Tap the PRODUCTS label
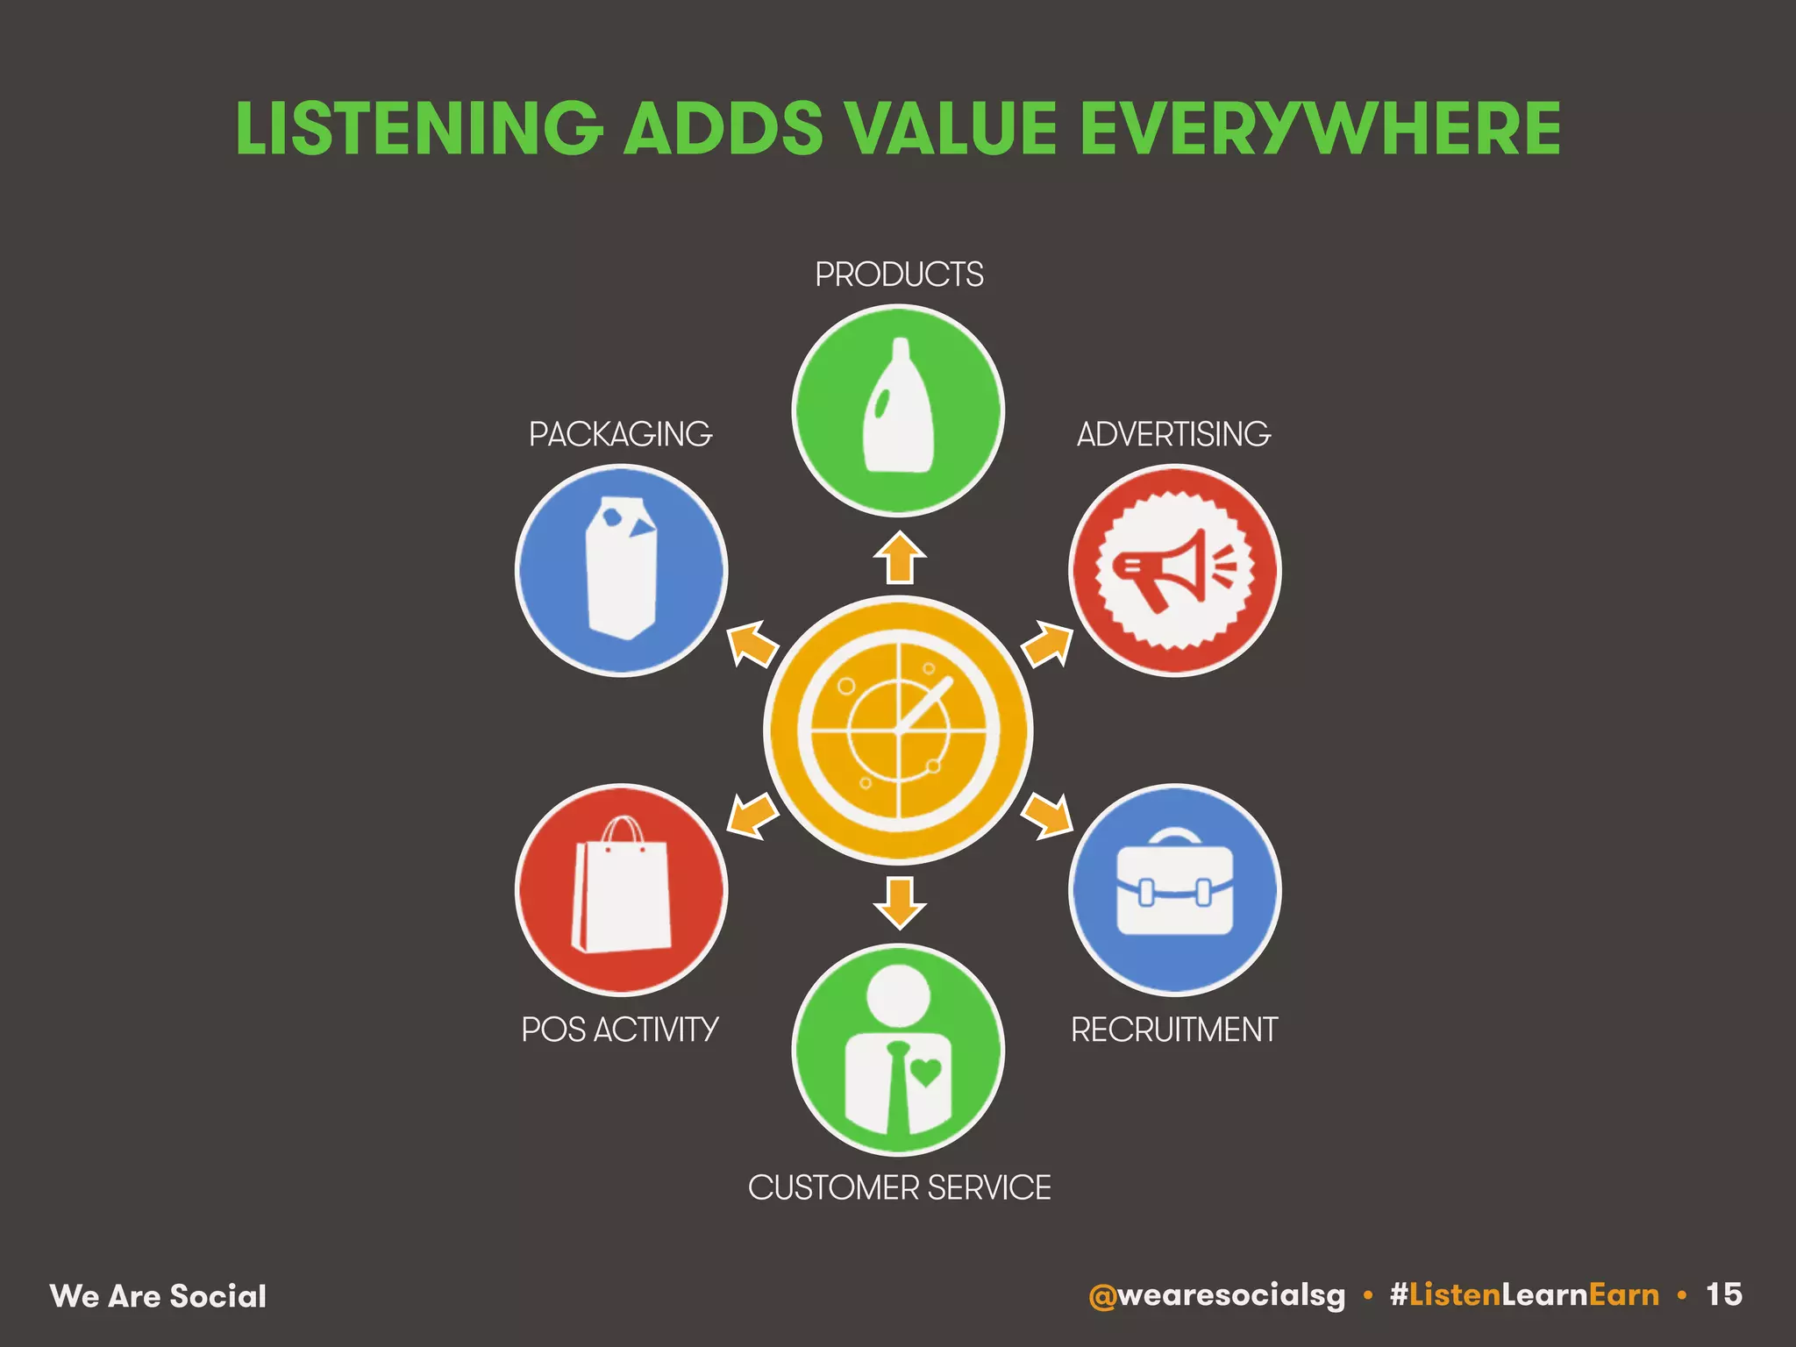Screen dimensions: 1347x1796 [x=899, y=274]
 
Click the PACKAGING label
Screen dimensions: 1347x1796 [x=620, y=434]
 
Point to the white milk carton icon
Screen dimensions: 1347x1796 [x=621, y=568]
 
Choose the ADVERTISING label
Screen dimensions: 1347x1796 [x=1173, y=434]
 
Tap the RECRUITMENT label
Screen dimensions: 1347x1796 [x=1173, y=1030]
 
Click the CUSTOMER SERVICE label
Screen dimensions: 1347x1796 [x=899, y=1188]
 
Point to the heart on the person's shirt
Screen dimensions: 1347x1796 [x=926, y=1071]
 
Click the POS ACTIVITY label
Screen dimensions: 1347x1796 [x=620, y=1030]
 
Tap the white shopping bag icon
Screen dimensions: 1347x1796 [x=621, y=890]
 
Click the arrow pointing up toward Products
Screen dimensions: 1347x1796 [x=899, y=558]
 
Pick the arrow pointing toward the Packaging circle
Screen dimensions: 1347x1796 [x=752, y=644]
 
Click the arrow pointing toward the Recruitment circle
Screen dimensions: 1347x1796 [x=1047, y=816]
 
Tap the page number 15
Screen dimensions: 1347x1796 [x=1723, y=1294]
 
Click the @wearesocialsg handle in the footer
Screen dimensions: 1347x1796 [x=1216, y=1295]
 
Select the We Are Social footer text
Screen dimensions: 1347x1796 [x=158, y=1296]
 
